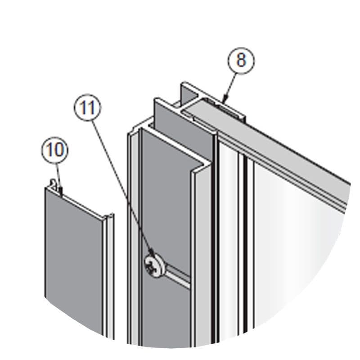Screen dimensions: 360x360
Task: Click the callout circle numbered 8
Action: [x=241, y=61]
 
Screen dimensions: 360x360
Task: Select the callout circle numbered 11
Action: [x=87, y=108]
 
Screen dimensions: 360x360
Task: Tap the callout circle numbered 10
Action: [x=55, y=150]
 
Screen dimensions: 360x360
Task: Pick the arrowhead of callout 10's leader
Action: [x=61, y=191]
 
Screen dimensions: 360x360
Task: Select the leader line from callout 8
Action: [x=230, y=86]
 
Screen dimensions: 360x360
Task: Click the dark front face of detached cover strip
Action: [x=73, y=260]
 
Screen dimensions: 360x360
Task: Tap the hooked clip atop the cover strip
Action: [x=53, y=183]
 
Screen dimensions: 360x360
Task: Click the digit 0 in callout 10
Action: [x=59, y=150]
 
